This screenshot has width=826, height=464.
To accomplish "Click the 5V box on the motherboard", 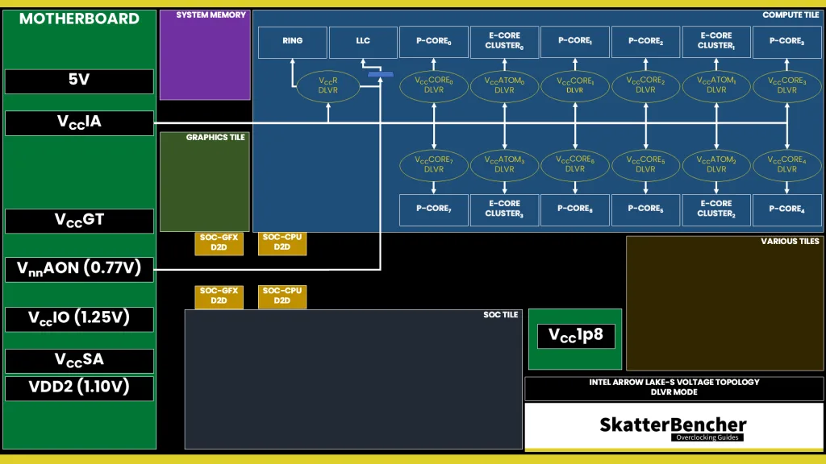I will [79, 81].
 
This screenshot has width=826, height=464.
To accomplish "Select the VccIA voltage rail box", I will [79, 122].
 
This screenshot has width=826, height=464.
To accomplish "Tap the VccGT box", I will [79, 221].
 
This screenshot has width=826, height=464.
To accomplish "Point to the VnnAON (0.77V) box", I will [79, 269].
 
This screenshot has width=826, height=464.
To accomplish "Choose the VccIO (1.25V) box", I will [79, 318].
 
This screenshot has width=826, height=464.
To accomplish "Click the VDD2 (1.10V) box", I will [79, 387].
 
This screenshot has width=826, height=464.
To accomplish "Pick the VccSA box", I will [79, 360].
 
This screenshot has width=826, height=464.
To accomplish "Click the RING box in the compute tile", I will [293, 42].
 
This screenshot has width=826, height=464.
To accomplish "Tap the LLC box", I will [363, 42].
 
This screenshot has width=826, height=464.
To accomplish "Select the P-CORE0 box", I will [434, 42].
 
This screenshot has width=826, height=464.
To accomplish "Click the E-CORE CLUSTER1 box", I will [716, 42].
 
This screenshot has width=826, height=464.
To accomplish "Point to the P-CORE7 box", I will [434, 209].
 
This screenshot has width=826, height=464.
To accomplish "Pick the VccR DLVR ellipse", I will [328, 85].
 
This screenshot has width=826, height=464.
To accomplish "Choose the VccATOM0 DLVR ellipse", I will [504, 85].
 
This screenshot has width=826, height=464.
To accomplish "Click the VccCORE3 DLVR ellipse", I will [786, 85].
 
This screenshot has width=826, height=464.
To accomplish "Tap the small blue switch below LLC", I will [380, 75].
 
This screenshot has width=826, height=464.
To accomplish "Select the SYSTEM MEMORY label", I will [211, 15].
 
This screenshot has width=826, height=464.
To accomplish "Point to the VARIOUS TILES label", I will [789, 241].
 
